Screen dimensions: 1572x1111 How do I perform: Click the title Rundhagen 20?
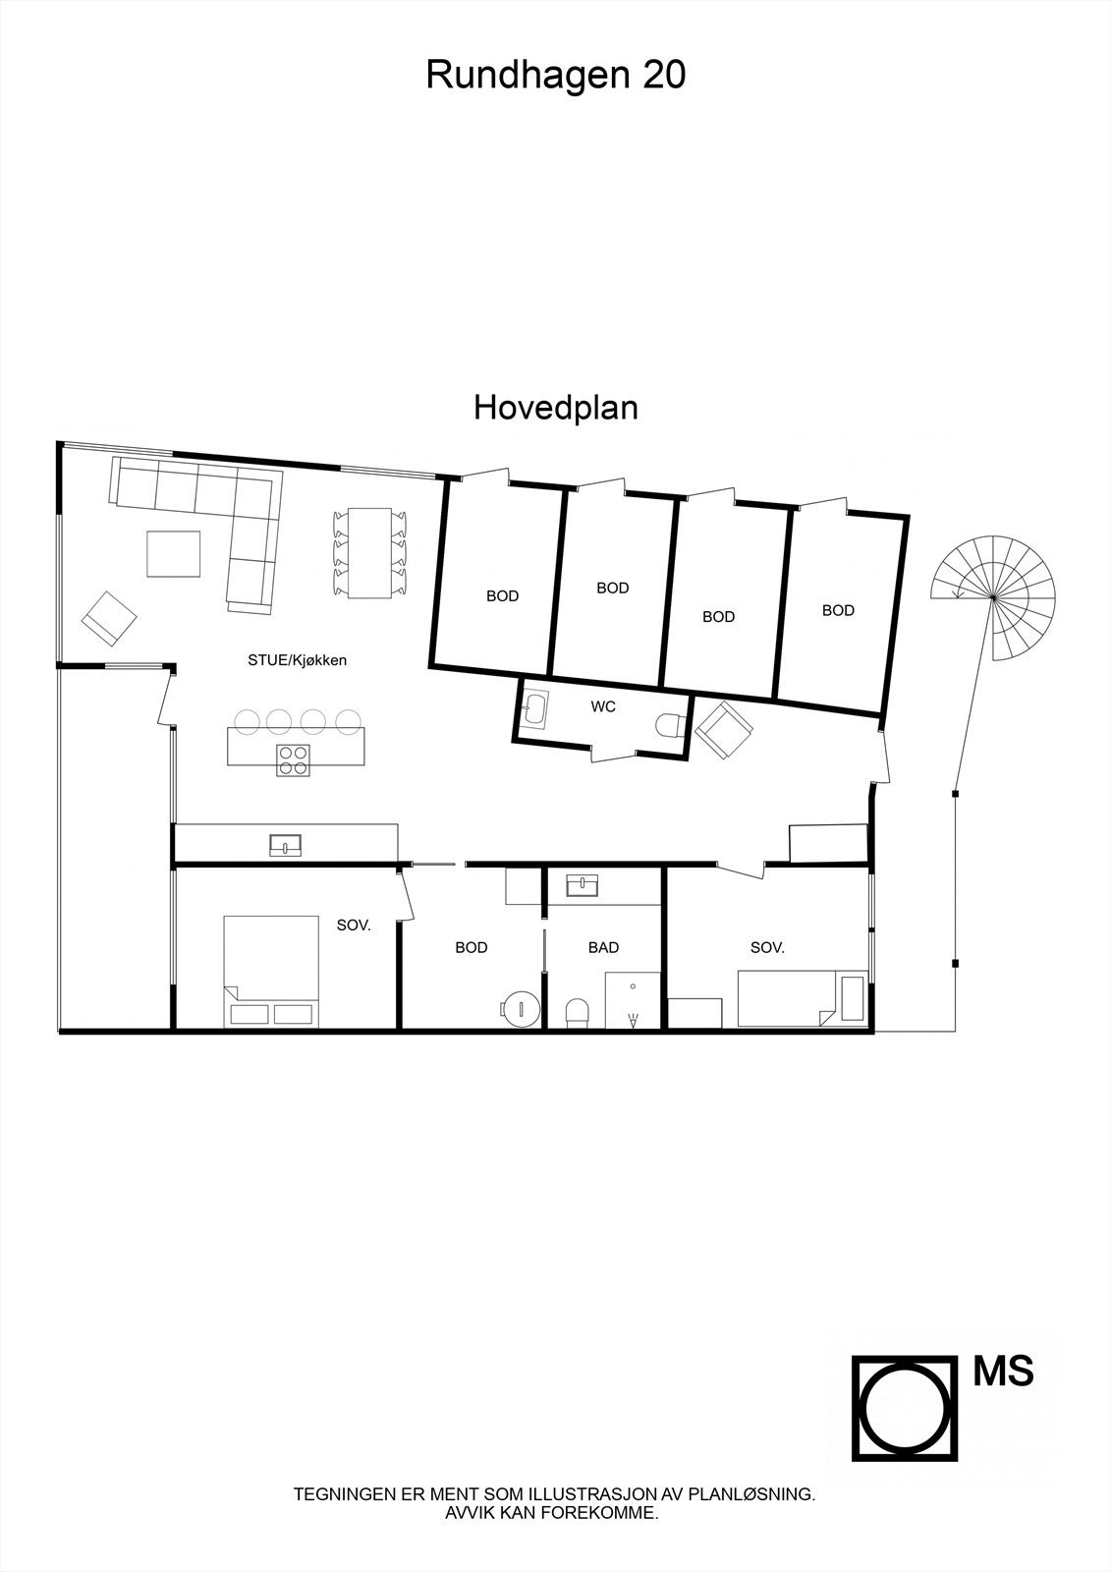[x=555, y=75]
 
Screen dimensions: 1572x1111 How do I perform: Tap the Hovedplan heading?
[x=555, y=407]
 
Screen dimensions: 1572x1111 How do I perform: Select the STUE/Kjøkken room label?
[x=297, y=660]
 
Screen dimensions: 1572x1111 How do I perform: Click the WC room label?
[x=603, y=706]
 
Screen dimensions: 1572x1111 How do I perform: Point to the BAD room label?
[x=603, y=947]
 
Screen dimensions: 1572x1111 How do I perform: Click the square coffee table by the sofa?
[x=174, y=553]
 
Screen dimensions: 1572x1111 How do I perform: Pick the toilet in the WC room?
[x=670, y=725]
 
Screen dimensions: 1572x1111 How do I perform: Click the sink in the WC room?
[x=535, y=708]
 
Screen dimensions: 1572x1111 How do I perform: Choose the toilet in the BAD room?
[x=578, y=1012]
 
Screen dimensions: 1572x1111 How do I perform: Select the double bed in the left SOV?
[x=271, y=971]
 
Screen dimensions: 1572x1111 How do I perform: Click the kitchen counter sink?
[x=285, y=844]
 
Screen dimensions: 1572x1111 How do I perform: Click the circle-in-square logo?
[x=904, y=1408]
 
